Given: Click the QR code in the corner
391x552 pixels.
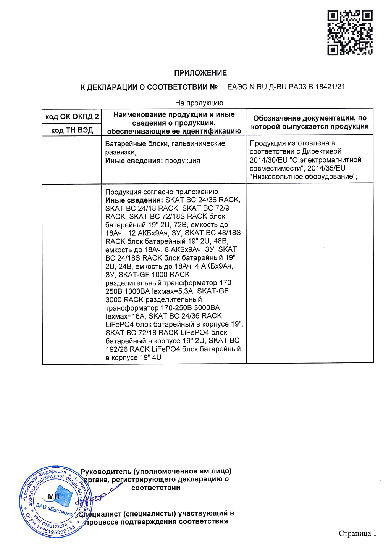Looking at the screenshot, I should pyautogui.click(x=349, y=33).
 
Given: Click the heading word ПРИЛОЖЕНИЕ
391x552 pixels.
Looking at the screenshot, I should pyautogui.click(x=200, y=73).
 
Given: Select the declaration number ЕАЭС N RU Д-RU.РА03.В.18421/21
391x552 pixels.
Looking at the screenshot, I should pyautogui.click(x=286, y=87).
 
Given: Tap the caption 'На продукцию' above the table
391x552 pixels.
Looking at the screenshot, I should pyautogui.click(x=199, y=103).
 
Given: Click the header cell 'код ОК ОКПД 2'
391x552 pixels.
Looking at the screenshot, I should pyautogui.click(x=72, y=117).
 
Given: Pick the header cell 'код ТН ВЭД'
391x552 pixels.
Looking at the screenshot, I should pyautogui.click(x=72, y=130).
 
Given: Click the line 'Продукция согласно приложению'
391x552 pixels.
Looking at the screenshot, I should pyautogui.click(x=162, y=192).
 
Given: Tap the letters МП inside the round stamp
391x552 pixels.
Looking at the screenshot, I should pyautogui.click(x=53, y=496).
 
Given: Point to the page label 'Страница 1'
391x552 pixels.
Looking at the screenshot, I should pyautogui.click(x=357, y=533).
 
